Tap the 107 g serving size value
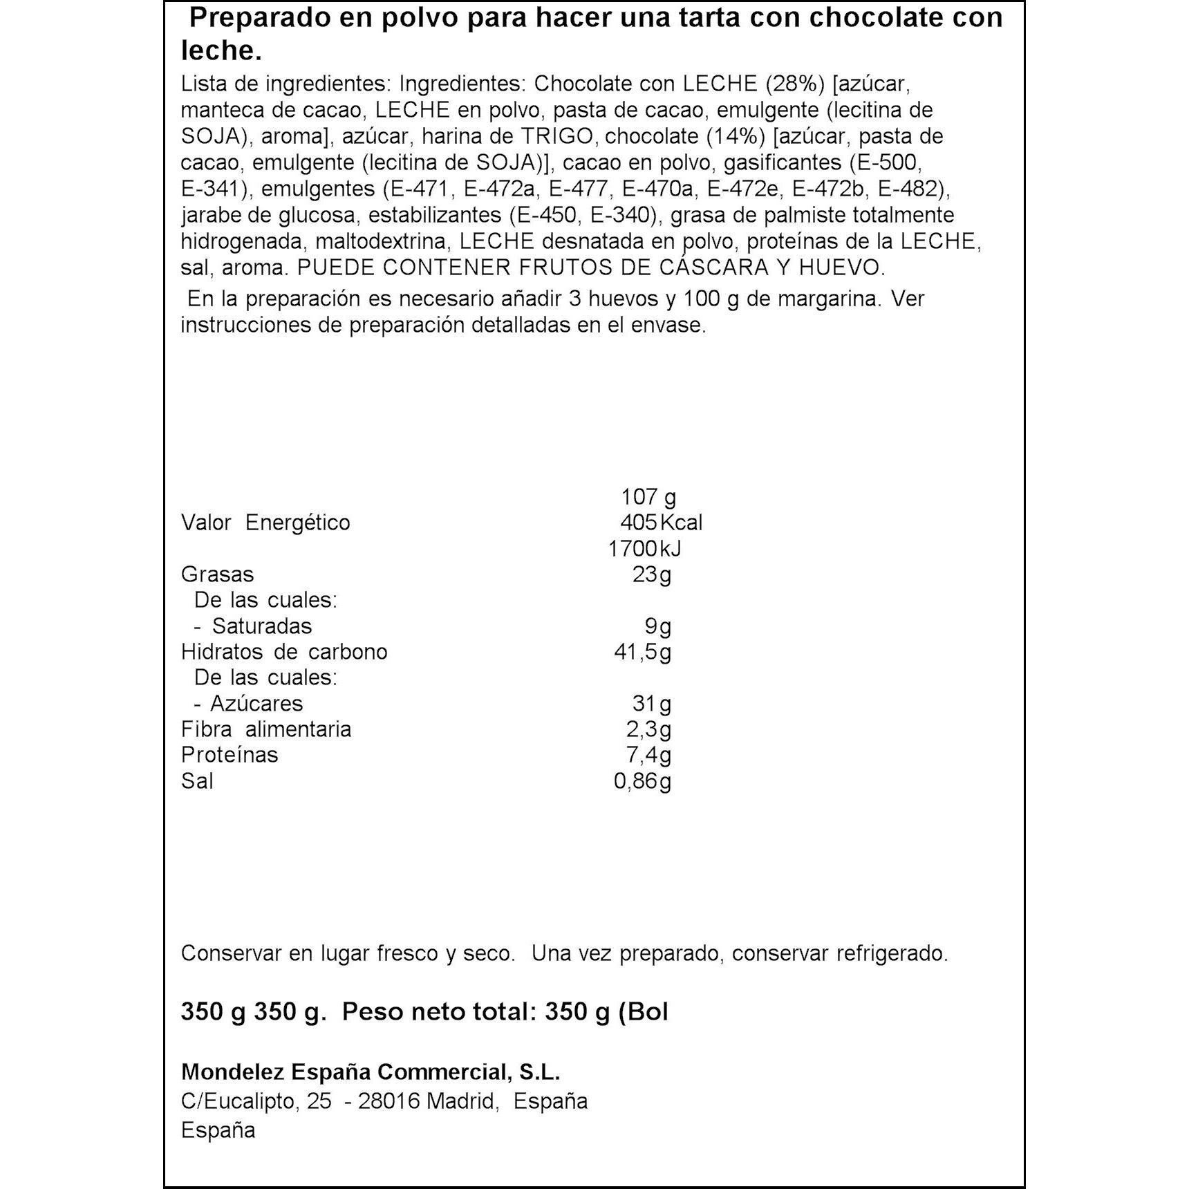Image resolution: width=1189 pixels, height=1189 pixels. tap(648, 497)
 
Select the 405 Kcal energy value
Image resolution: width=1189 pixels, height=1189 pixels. tap(661, 523)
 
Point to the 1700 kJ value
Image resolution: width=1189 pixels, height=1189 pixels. tap(644, 549)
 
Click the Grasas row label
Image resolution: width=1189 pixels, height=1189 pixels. tap(217, 574)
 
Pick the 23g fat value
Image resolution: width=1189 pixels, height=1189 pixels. tap(651, 574)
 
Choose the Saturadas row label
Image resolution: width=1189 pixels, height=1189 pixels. tap(261, 626)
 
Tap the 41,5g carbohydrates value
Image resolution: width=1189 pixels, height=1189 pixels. tap(642, 652)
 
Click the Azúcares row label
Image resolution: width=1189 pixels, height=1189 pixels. tap(256, 704)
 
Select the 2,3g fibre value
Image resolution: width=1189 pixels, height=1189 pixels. tap(648, 729)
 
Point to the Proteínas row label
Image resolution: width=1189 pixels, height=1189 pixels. tap(230, 755)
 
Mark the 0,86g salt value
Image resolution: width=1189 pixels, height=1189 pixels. tap(642, 781)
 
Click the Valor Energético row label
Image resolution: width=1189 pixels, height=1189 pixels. tap(265, 523)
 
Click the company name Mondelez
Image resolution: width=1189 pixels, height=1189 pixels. tap(232, 1072)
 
